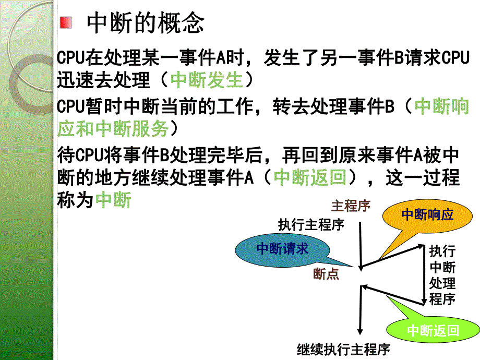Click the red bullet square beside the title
click(65, 23)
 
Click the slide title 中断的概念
click(145, 23)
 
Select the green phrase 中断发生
click(207, 80)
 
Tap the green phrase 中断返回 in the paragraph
click(310, 178)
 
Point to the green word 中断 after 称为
click(114, 200)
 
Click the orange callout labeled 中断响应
click(427, 214)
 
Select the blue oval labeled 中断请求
click(282, 249)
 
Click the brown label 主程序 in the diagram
click(350, 206)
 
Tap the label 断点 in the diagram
click(326, 274)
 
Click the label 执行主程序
click(311, 225)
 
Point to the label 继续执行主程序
click(343, 349)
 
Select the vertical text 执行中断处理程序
click(441, 275)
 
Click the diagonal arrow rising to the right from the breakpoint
click(391, 256)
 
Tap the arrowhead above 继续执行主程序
click(359, 330)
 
